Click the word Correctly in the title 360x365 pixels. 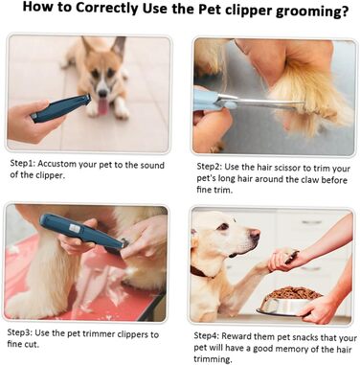(x=107, y=9)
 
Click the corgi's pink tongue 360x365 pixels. (x=102, y=106)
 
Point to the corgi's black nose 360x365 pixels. (x=102, y=93)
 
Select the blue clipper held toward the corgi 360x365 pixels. (x=60, y=108)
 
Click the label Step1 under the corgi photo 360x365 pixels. (x=23, y=164)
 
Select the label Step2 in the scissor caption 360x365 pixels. (x=210, y=167)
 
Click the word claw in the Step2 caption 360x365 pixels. (x=310, y=179)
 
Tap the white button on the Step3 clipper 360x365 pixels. (x=75, y=227)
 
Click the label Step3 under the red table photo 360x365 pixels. (x=20, y=332)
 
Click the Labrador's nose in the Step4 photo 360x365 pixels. (x=255, y=235)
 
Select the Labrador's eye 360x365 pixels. (x=223, y=227)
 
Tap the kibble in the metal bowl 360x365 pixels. (x=291, y=293)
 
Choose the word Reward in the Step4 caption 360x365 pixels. (x=236, y=336)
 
